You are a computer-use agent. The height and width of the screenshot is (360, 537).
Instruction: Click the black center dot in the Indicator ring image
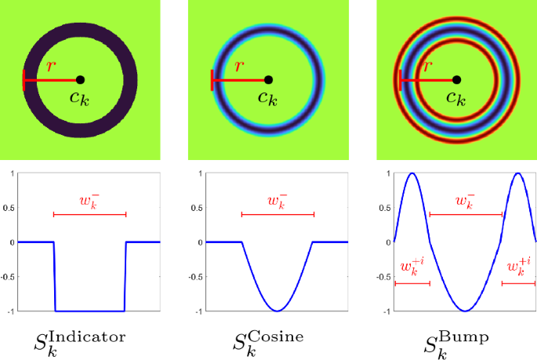80,80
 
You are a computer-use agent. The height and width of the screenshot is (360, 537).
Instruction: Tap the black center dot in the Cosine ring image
268,80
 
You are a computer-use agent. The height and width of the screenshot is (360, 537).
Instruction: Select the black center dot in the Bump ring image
456,80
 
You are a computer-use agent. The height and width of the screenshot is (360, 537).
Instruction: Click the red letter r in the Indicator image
51,67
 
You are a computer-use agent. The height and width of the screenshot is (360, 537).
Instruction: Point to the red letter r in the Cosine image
239,67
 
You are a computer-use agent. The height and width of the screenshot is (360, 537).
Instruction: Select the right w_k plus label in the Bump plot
518,267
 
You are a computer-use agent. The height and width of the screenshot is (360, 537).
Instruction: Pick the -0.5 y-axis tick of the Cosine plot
196,277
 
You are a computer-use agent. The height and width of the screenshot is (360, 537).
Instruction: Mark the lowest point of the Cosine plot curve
277,311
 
